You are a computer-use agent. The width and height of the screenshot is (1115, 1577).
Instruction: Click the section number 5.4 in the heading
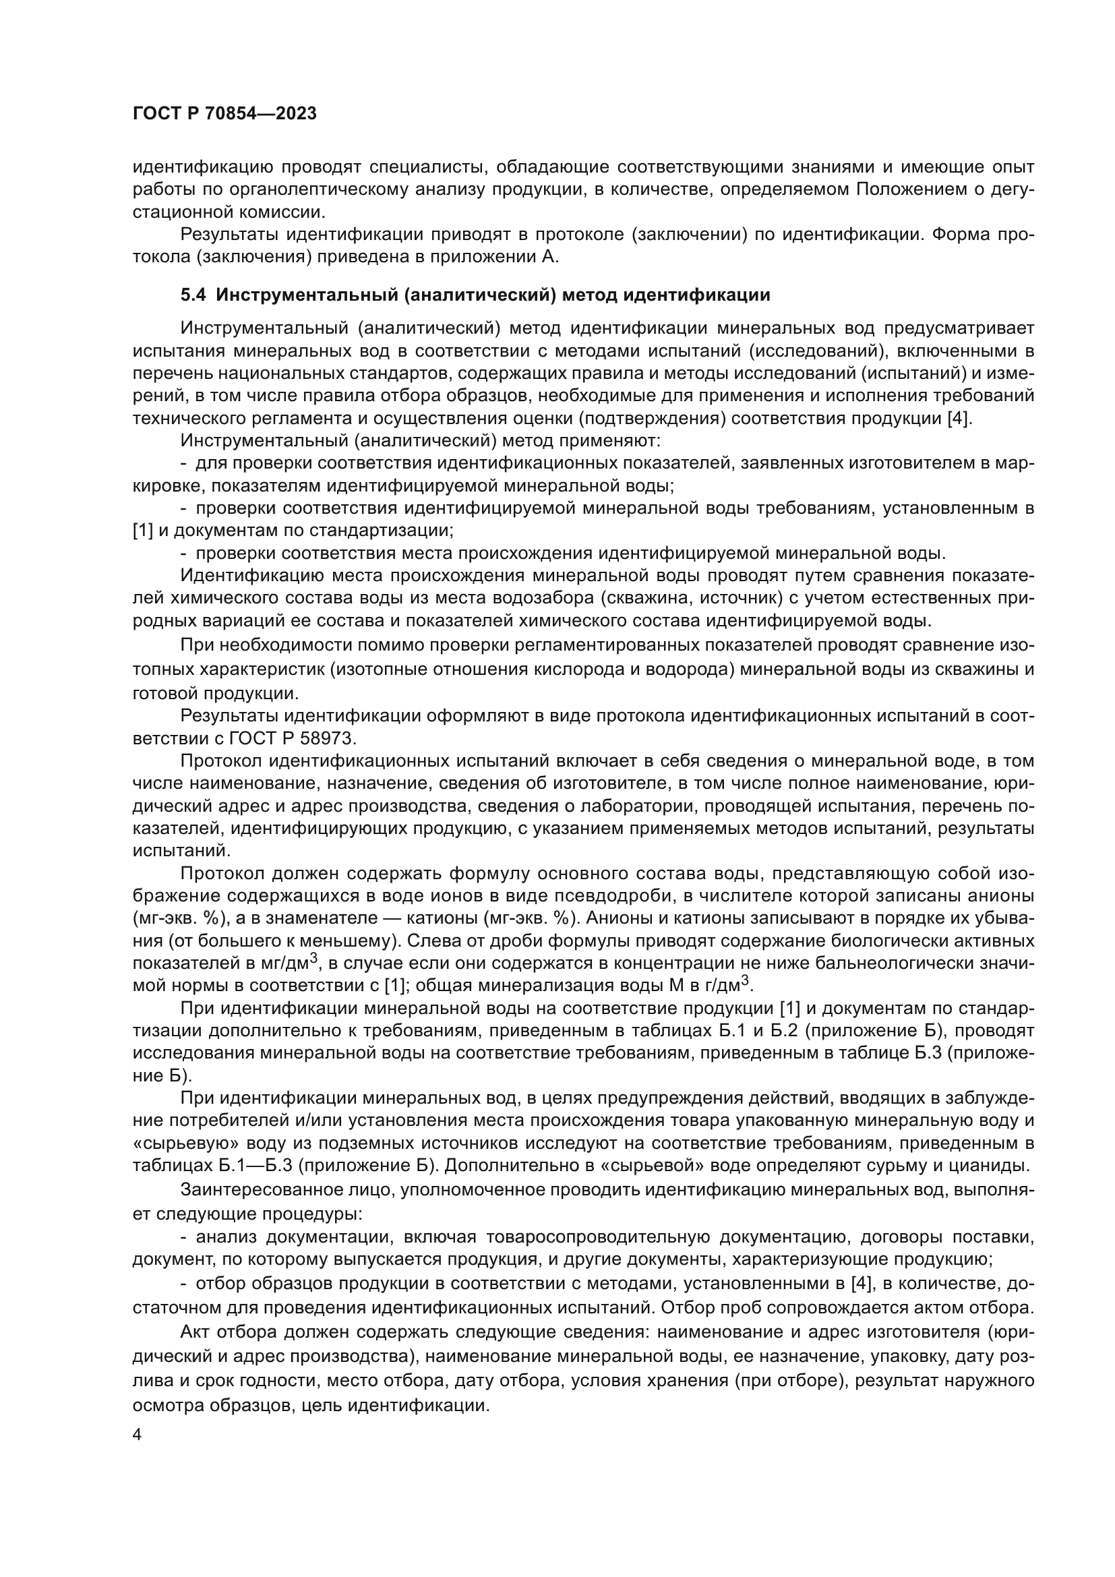pyautogui.click(x=193, y=295)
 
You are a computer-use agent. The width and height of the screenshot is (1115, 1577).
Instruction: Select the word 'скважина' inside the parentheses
pyautogui.click(x=641, y=598)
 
